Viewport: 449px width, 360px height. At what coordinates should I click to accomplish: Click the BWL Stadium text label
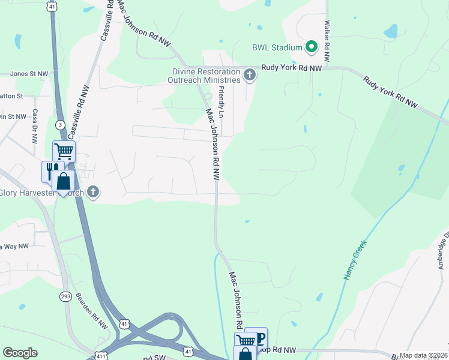pyautogui.click(x=277, y=46)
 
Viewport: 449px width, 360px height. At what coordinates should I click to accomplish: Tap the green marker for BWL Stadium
pyautogui.click(x=311, y=46)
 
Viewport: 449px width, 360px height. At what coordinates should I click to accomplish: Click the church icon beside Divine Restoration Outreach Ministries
pyautogui.click(x=250, y=75)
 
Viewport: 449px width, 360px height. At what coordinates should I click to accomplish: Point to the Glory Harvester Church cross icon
pyautogui.click(x=93, y=192)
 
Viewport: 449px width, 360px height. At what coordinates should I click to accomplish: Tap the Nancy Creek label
pyautogui.click(x=355, y=260)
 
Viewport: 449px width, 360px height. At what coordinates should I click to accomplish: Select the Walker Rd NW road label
pyautogui.click(x=327, y=42)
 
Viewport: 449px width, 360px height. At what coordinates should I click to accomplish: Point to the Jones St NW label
pyautogui.click(x=29, y=74)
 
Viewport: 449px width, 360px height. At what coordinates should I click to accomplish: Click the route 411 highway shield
pyautogui.click(x=100, y=355)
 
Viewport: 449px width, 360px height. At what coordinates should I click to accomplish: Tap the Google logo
pyautogui.click(x=20, y=353)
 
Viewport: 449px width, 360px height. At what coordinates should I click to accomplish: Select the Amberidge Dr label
pyautogui.click(x=442, y=249)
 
